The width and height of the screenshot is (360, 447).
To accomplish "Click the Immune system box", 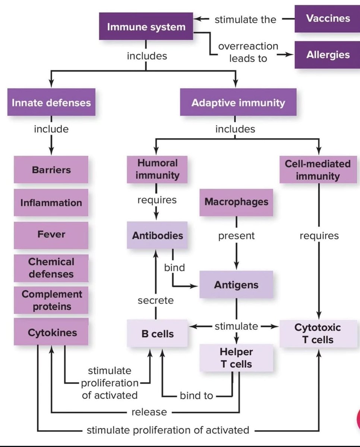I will pyautogui.click(x=146, y=27).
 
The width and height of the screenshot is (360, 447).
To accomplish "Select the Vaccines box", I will pyautogui.click(x=328, y=19).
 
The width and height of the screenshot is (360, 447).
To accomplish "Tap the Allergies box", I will pyautogui.click(x=328, y=55).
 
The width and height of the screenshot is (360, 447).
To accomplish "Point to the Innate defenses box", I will pyautogui.click(x=51, y=102).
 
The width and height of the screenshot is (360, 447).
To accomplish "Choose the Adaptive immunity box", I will pyautogui.click(x=238, y=102).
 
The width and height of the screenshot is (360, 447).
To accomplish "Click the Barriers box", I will pyautogui.click(x=51, y=170).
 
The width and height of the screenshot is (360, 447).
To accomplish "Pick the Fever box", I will pyautogui.click(x=51, y=235).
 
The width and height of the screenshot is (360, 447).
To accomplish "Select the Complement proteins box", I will pyautogui.click(x=51, y=300).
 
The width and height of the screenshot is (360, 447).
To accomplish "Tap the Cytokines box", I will pyautogui.click(x=51, y=332).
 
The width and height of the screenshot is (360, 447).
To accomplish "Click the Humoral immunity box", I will pyautogui.click(x=157, y=169).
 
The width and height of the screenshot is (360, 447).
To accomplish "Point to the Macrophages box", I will pyautogui.click(x=236, y=202).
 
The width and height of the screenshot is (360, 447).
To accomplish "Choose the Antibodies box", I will pyautogui.click(x=157, y=235).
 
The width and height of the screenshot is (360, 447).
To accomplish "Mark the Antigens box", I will pyautogui.click(x=236, y=285).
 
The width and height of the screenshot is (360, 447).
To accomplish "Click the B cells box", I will pyautogui.click(x=157, y=334).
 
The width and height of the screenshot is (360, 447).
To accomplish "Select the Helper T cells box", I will pyautogui.click(x=236, y=358).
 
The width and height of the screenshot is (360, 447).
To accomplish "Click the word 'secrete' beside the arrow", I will pyautogui.click(x=156, y=300).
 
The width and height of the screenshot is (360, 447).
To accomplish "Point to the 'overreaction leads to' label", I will pyautogui.click(x=248, y=52).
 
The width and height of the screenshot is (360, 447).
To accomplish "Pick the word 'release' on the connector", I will pyautogui.click(x=149, y=412).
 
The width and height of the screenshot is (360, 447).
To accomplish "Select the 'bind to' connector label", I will pyautogui.click(x=196, y=396).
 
